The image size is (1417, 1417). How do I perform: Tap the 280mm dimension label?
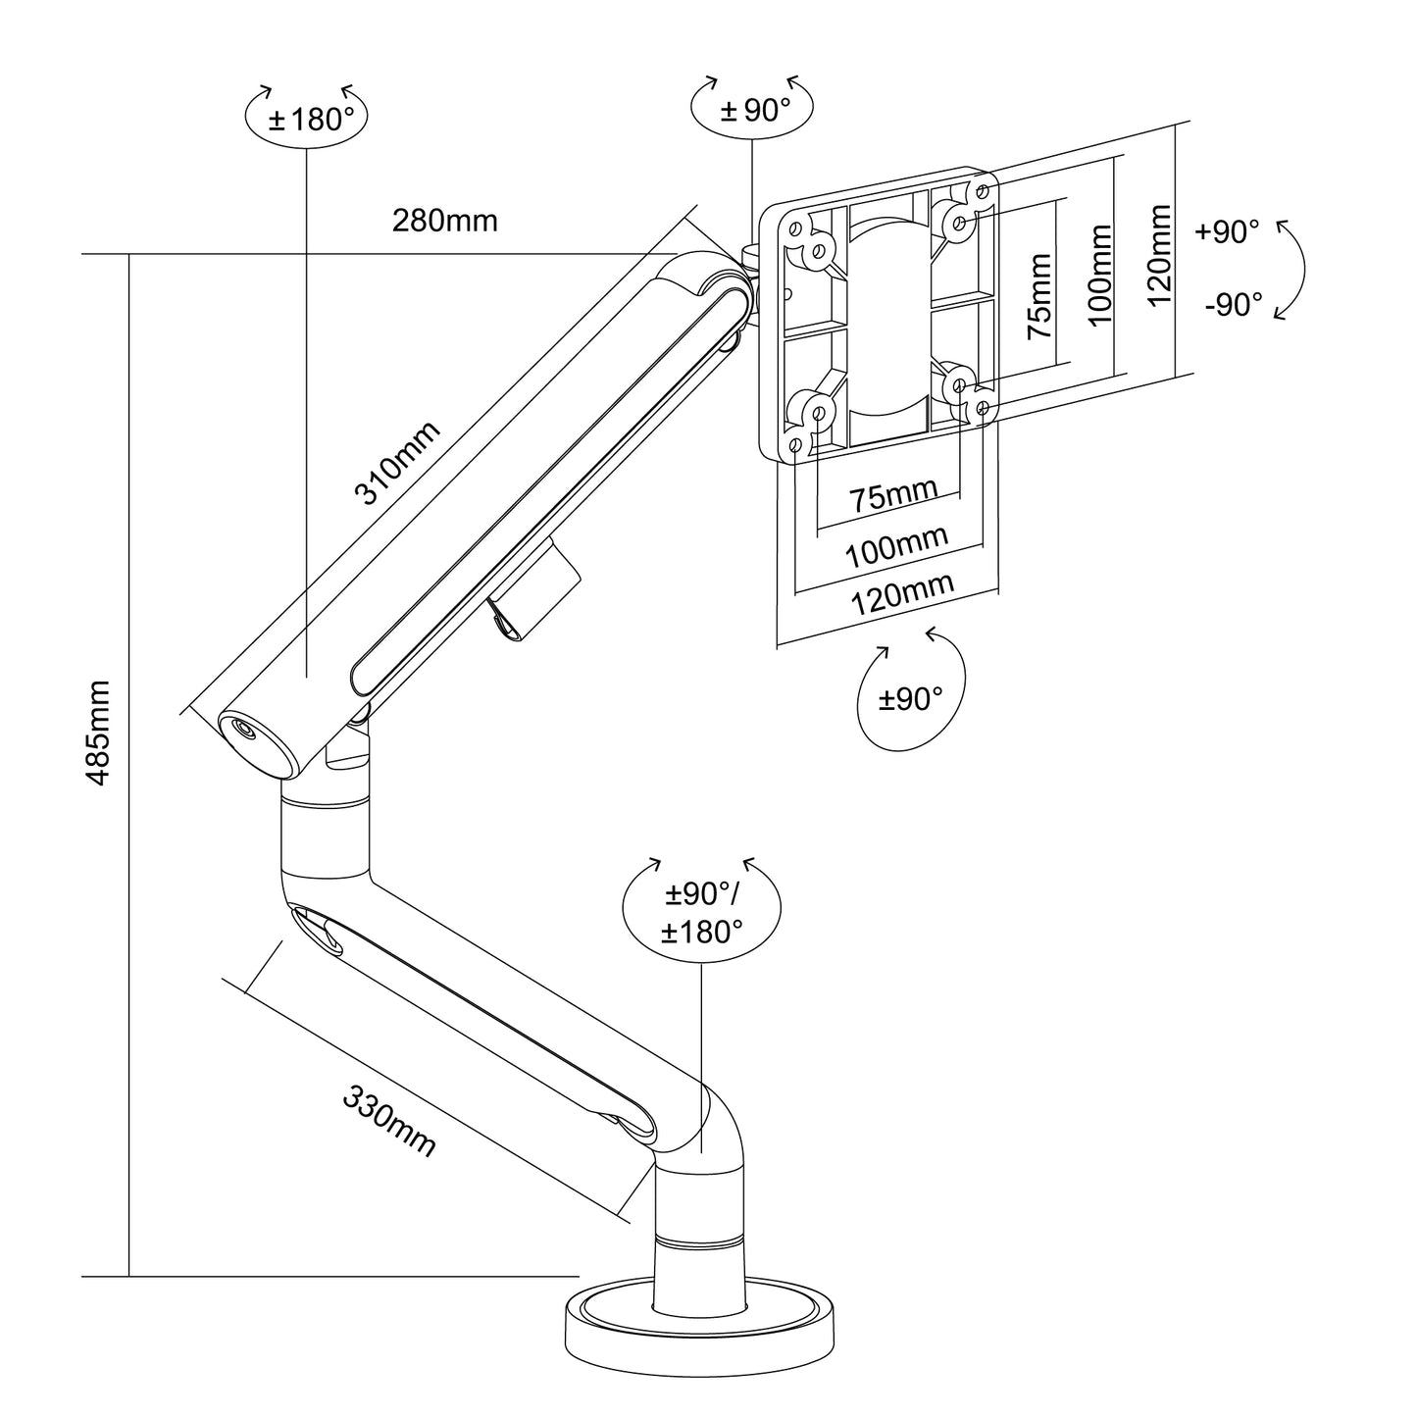click(x=444, y=221)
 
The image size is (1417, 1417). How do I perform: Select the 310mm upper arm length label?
click(x=397, y=462)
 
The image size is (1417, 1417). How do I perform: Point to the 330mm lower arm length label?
click(x=389, y=1122)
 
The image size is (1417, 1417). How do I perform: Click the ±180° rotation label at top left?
click(x=306, y=120)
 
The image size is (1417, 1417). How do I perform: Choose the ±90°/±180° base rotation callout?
click(x=702, y=912)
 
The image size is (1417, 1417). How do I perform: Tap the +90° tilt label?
click(x=1227, y=232)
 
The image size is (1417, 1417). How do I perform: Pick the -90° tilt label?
click(x=1234, y=305)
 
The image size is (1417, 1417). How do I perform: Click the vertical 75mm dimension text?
click(x=1038, y=296)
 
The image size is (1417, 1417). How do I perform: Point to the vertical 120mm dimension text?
click(x=1160, y=255)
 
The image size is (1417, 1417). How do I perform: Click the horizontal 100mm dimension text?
click(x=896, y=545)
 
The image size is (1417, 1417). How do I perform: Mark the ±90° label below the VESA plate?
click(x=910, y=699)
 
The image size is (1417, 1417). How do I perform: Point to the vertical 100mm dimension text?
click(x=1100, y=276)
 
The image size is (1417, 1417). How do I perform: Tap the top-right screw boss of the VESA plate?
click(x=958, y=222)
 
